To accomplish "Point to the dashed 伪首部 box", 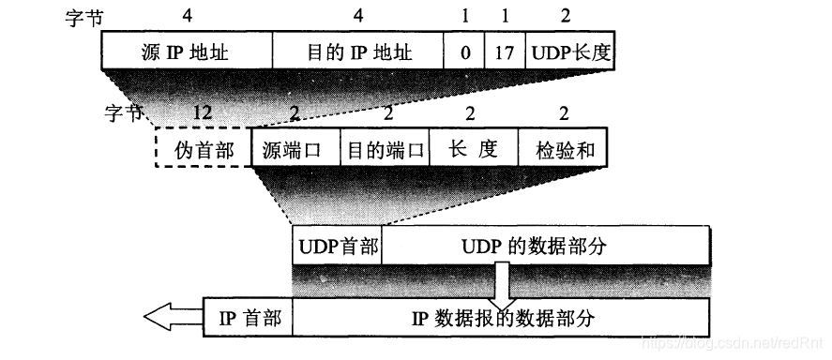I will point(203,148).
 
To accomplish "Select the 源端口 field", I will point(295,148).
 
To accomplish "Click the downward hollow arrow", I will point(502,281).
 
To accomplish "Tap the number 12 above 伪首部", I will point(202,112).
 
